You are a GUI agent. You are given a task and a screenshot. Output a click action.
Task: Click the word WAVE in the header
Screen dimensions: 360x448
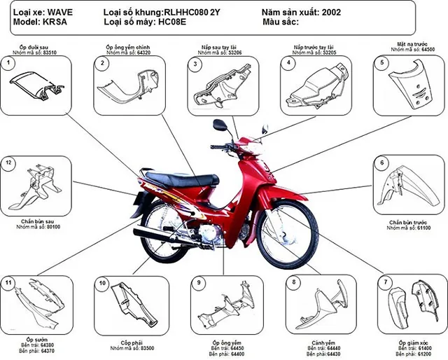click(59, 12)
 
